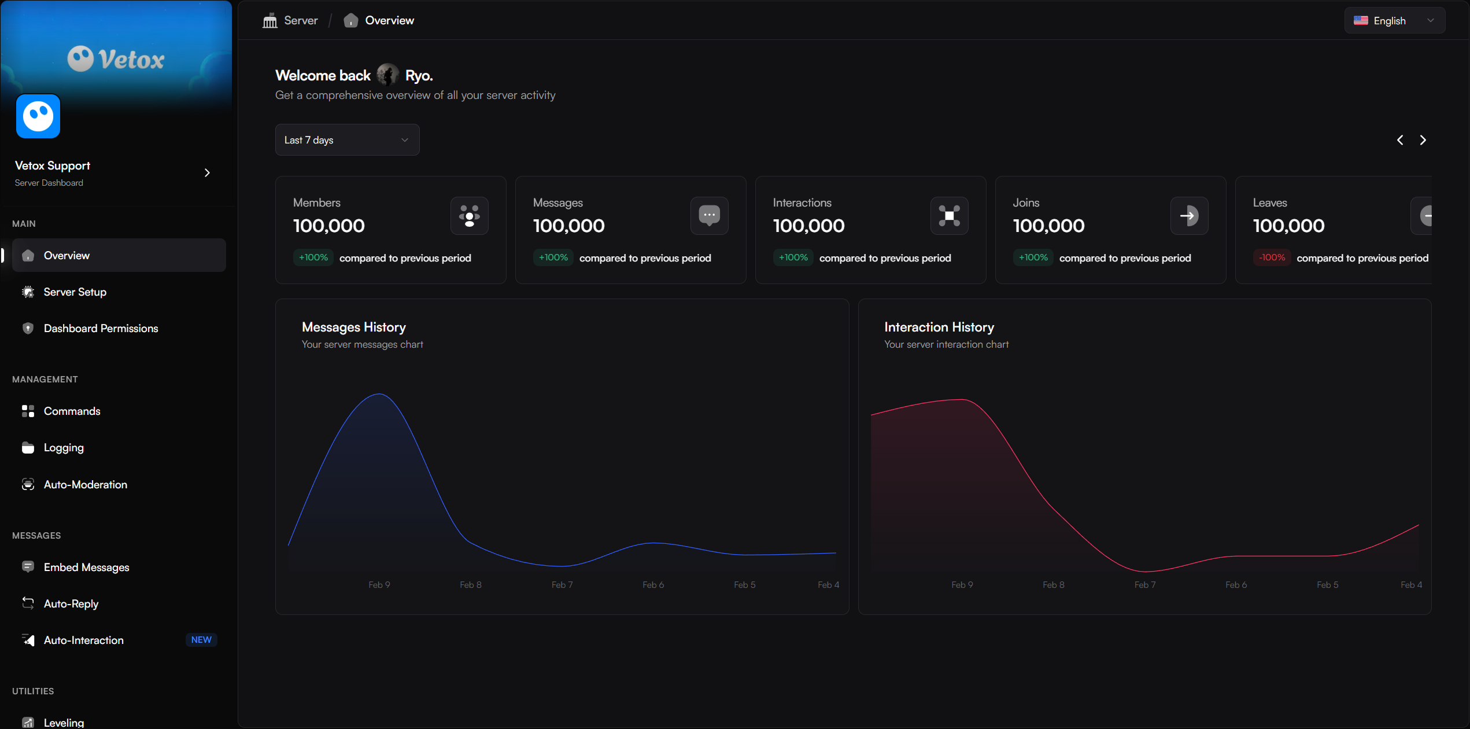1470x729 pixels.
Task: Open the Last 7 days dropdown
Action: (x=347, y=140)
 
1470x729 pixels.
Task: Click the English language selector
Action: (x=1394, y=21)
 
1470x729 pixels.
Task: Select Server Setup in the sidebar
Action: (x=75, y=292)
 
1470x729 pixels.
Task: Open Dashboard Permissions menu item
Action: (x=101, y=329)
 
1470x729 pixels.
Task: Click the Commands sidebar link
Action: (x=72, y=411)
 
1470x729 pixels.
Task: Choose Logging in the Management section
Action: (x=64, y=448)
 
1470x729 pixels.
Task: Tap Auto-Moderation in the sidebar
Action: (x=85, y=485)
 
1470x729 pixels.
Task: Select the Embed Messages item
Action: (x=86, y=568)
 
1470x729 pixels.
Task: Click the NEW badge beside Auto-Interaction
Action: (x=201, y=640)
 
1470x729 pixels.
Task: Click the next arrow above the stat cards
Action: (x=1423, y=140)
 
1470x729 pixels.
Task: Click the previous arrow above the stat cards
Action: (x=1400, y=140)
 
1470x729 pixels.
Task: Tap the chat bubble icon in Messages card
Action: (x=709, y=216)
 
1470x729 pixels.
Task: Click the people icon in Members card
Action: (x=469, y=216)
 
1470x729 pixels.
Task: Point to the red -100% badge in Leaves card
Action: (x=1272, y=257)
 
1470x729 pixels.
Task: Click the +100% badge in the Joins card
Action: (x=1033, y=257)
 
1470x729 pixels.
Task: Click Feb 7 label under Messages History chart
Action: (x=562, y=585)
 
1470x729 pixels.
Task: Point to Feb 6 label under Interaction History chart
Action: (x=1236, y=585)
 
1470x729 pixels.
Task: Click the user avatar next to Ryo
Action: (x=387, y=75)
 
